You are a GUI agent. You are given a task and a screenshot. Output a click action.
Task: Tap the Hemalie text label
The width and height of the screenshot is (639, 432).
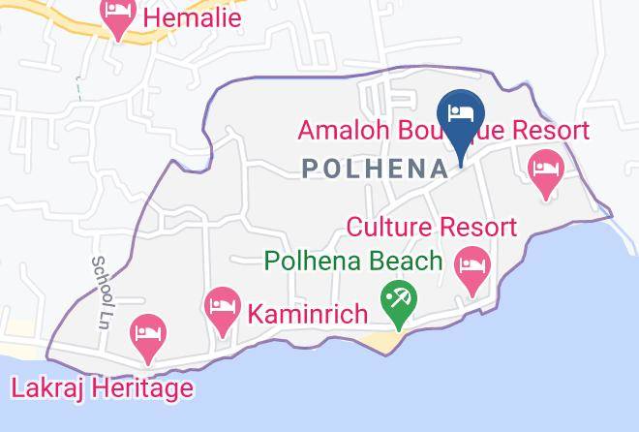pyautogui.click(x=192, y=17)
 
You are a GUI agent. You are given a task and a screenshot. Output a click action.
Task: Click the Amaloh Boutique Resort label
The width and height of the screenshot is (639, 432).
pyautogui.click(x=443, y=131)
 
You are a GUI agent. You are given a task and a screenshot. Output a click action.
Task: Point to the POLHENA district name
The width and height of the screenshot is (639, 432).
pyautogui.click(x=376, y=169)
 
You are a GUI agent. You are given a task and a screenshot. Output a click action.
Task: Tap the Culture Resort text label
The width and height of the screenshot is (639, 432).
pyautogui.click(x=432, y=229)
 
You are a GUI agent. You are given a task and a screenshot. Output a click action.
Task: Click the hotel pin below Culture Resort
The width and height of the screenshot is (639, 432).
pyautogui.click(x=472, y=268)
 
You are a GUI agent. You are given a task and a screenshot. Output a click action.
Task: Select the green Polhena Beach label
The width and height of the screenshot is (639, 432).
pyautogui.click(x=353, y=262)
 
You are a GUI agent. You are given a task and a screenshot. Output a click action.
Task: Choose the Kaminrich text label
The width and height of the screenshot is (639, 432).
pyautogui.click(x=308, y=315)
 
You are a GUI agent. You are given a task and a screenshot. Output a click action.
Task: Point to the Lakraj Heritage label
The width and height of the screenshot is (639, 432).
pyautogui.click(x=102, y=388)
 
